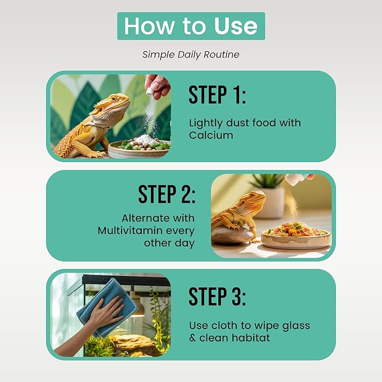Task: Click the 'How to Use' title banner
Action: coord(191,26)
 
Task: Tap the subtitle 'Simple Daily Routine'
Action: coord(191,55)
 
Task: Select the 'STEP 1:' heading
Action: coord(217,95)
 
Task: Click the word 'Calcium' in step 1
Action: coord(211,135)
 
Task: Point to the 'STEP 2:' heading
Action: coord(167,194)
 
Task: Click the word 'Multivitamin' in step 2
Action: coord(130,230)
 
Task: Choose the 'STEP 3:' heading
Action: coord(217,296)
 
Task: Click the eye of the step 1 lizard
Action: coord(113,98)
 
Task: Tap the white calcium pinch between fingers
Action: coord(150,91)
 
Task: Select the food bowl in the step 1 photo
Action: coord(139,149)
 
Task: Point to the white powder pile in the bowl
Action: coord(147,140)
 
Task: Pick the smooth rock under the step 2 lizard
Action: coord(232,235)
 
